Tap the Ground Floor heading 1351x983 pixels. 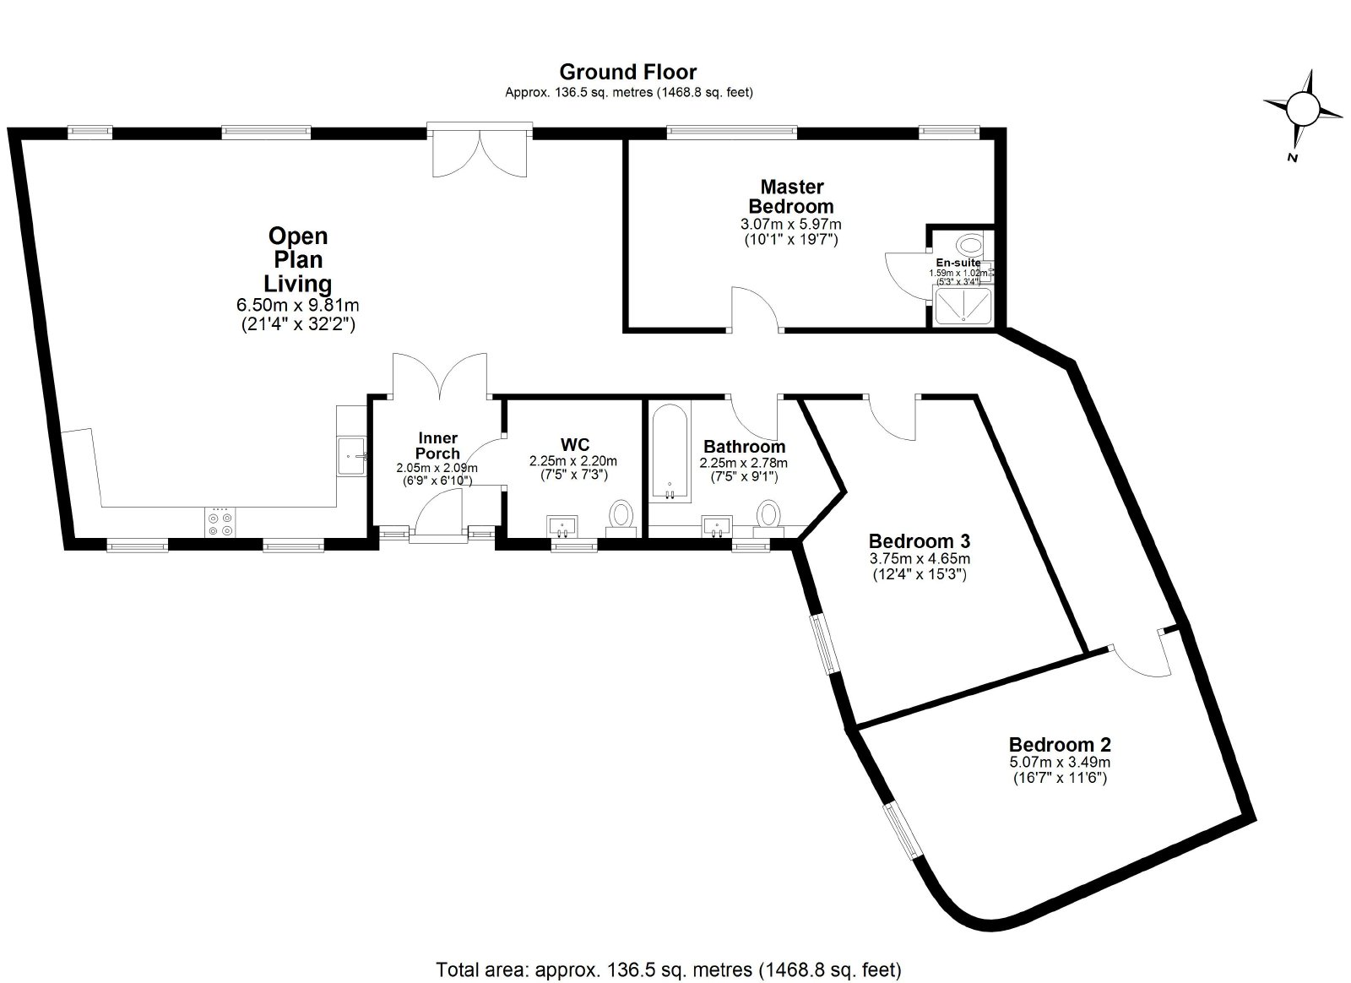pyautogui.click(x=628, y=72)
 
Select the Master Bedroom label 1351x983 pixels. pyautogui.click(x=791, y=196)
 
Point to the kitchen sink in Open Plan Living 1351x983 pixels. pyautogui.click(x=351, y=456)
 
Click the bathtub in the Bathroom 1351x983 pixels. pyautogui.click(x=670, y=453)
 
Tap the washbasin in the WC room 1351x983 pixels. pyautogui.click(x=562, y=526)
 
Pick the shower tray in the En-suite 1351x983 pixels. pyautogui.click(x=963, y=307)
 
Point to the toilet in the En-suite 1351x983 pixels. pyautogui.click(x=971, y=246)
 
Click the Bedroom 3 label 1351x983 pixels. pyautogui.click(x=920, y=540)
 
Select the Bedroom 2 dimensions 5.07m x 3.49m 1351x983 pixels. pyautogui.click(x=1060, y=763)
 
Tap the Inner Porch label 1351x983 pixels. pyautogui.click(x=438, y=446)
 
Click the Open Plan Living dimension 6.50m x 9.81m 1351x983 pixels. pyautogui.click(x=298, y=306)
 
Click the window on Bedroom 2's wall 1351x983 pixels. pyautogui.click(x=903, y=831)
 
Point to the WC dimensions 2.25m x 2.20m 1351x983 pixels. pyautogui.click(x=573, y=461)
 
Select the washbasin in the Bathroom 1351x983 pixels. pyautogui.click(x=717, y=526)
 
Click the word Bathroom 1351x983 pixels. pyautogui.click(x=744, y=447)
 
